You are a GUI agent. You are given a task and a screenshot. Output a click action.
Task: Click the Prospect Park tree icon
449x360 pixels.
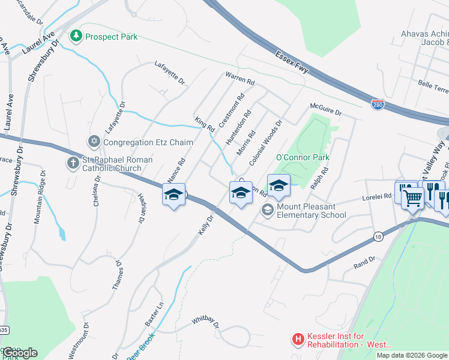(76, 37)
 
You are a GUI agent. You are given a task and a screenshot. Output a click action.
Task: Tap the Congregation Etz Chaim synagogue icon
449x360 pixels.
(94, 142)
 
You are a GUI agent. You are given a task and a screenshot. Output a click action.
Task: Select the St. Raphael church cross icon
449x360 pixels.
(73, 163)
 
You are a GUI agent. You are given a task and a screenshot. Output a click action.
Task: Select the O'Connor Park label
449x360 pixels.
(295, 157)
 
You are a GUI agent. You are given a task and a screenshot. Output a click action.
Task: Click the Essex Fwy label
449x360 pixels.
(292, 62)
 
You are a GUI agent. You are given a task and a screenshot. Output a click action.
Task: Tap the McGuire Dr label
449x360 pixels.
(325, 109)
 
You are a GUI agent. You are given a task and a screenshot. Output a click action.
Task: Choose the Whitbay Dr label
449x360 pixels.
(206, 323)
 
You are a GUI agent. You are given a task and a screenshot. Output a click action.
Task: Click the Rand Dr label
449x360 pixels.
(364, 261)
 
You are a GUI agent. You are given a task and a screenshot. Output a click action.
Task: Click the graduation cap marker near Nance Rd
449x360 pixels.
(173, 195)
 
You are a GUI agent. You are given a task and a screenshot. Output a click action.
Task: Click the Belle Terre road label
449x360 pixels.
(433, 88)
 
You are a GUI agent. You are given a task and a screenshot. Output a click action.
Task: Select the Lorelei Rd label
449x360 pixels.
(376, 196)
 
